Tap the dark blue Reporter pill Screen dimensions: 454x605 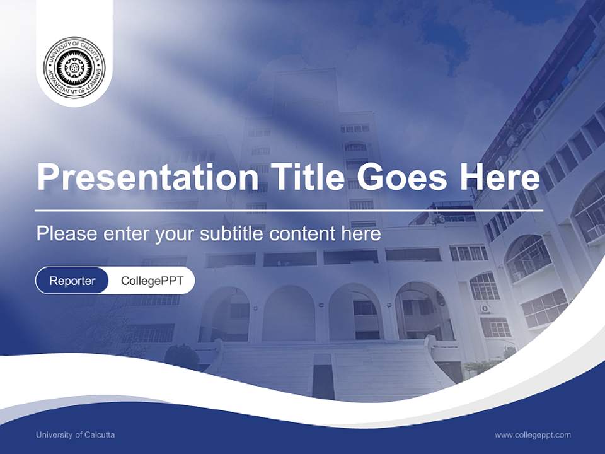click(72, 281)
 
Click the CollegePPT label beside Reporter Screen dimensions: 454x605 click(152, 281)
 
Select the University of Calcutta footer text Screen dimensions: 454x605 click(76, 434)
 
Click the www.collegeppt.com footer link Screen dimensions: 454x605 click(533, 434)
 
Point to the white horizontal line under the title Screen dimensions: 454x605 click(289, 210)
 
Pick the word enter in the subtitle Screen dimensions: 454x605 click(120, 234)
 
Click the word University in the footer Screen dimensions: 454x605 click(54, 434)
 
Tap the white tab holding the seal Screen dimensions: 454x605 click(74, 95)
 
